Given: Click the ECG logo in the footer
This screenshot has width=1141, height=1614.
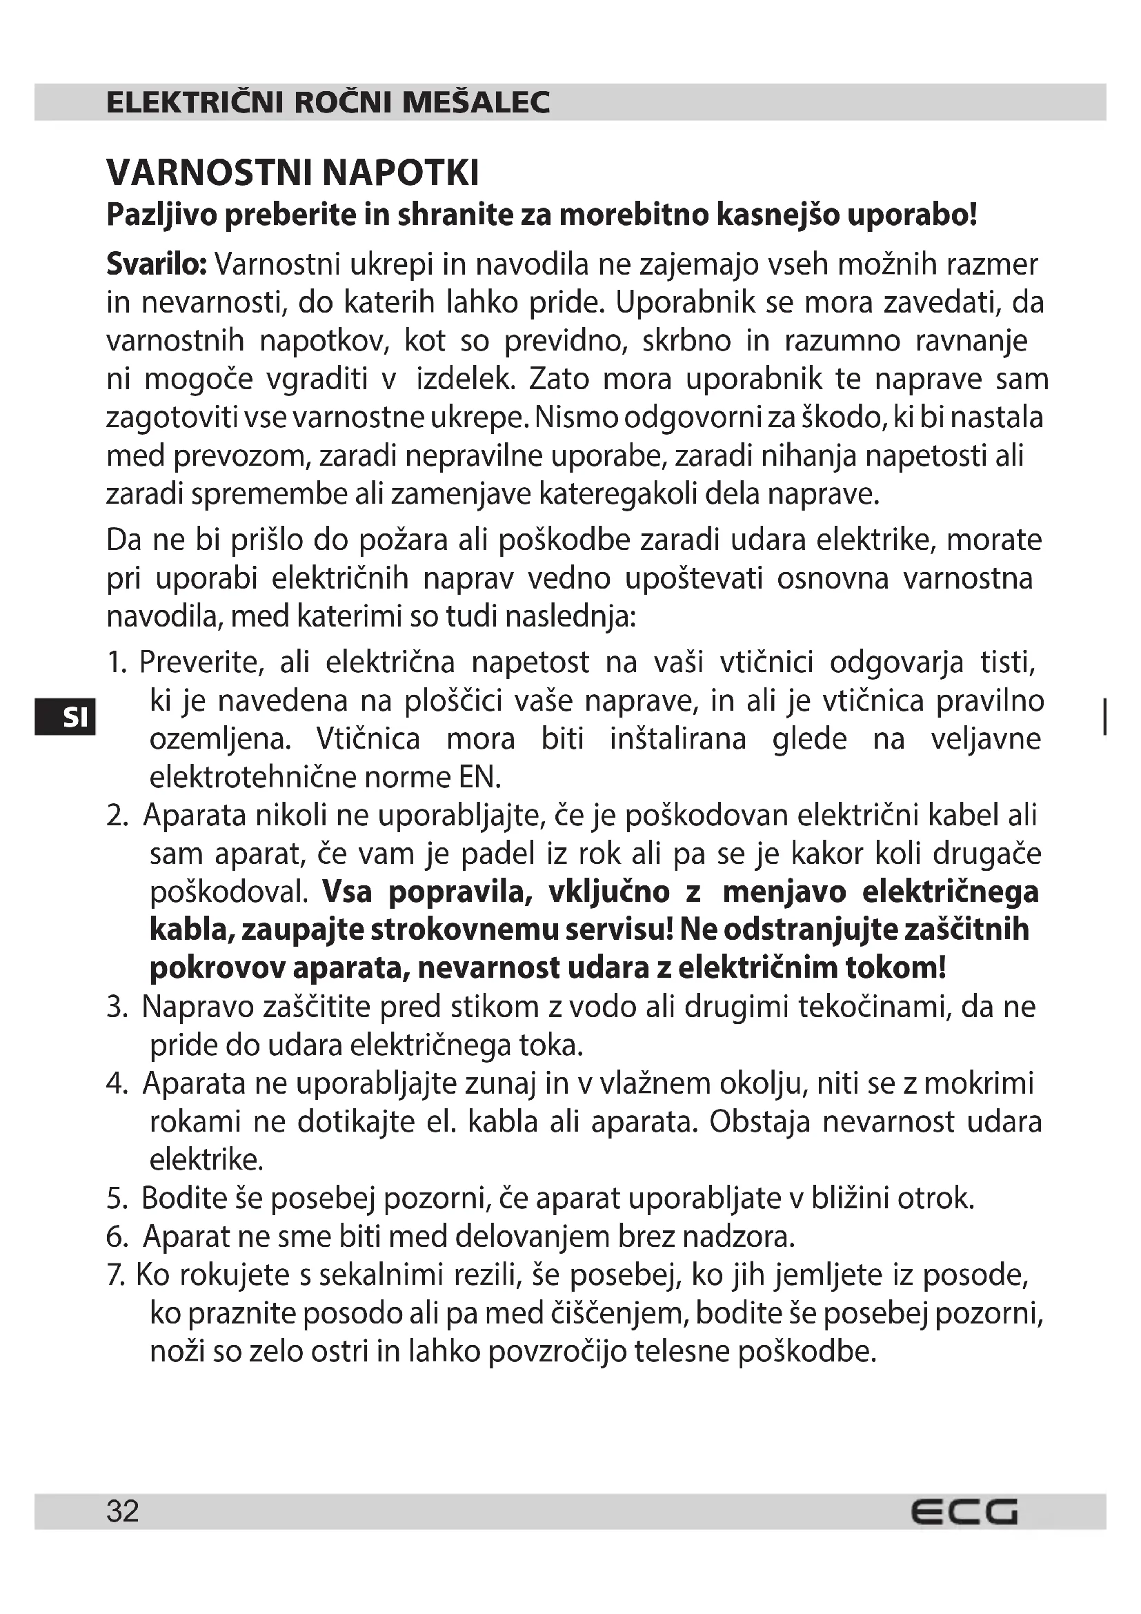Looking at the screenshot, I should [964, 1511].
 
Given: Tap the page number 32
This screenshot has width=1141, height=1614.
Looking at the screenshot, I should [123, 1511].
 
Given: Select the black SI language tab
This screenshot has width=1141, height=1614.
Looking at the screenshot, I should [65, 717].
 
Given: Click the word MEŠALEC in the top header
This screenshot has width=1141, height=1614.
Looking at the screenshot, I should [477, 103].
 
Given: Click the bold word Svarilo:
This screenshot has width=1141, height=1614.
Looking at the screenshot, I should [156, 264].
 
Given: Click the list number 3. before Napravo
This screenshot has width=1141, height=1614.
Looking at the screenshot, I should [117, 1007].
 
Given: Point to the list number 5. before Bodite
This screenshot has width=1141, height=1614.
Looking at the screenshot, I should [117, 1199].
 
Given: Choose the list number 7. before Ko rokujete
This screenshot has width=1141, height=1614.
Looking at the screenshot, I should [115, 1275].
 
